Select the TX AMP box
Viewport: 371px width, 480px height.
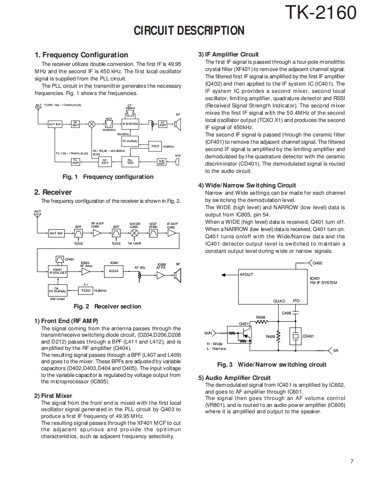75,162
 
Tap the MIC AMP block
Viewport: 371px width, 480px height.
162,162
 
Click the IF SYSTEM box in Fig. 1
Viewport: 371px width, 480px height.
130,124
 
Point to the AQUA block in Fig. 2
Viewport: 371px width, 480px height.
114,271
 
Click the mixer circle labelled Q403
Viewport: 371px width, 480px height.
135,233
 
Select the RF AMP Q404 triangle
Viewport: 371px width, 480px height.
97,233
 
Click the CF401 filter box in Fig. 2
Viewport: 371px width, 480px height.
60,259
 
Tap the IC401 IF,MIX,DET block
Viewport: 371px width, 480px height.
57,271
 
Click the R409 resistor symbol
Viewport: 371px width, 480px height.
278,337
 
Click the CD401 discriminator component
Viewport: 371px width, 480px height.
295,336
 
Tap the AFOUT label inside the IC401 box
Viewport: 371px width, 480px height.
246,275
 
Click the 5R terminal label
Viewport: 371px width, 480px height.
335,351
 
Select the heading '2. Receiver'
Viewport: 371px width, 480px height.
53,192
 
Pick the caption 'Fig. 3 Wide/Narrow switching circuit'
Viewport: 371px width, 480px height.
272,364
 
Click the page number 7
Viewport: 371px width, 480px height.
351,461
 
